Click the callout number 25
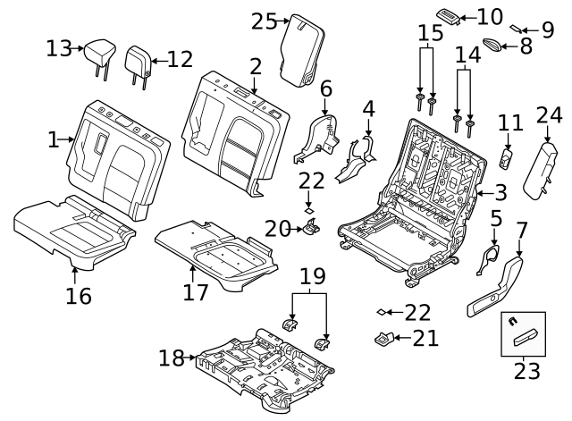(264, 20)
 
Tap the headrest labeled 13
(99, 55)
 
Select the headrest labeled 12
(138, 61)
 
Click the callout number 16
(79, 296)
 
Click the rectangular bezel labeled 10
(449, 16)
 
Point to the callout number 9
(548, 29)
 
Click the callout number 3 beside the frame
(500, 191)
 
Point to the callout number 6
(326, 88)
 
